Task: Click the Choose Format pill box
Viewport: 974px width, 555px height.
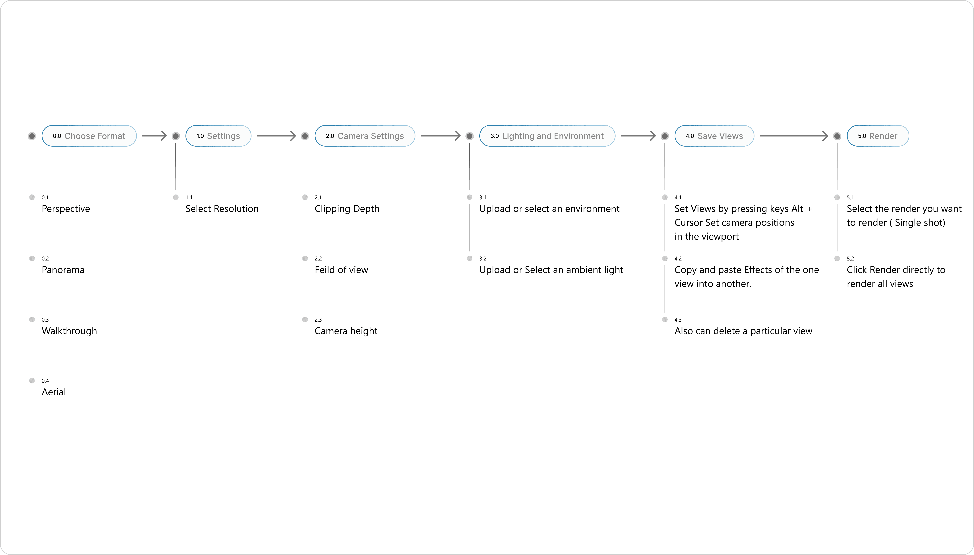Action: coord(89,136)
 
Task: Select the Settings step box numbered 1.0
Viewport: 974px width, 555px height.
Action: coord(218,136)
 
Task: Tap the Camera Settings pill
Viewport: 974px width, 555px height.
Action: coord(365,136)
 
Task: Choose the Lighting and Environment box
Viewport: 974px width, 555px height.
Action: coord(547,136)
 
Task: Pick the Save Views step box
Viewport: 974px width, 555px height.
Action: coord(714,136)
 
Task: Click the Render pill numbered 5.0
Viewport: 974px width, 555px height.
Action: coord(878,136)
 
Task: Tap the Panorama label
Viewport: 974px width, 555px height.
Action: coord(63,270)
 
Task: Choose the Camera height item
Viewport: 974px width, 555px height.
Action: coord(346,331)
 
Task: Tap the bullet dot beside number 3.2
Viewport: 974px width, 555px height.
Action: coord(470,258)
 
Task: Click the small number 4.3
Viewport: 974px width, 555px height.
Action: coord(678,320)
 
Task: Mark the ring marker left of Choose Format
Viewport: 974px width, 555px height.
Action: coord(32,136)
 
